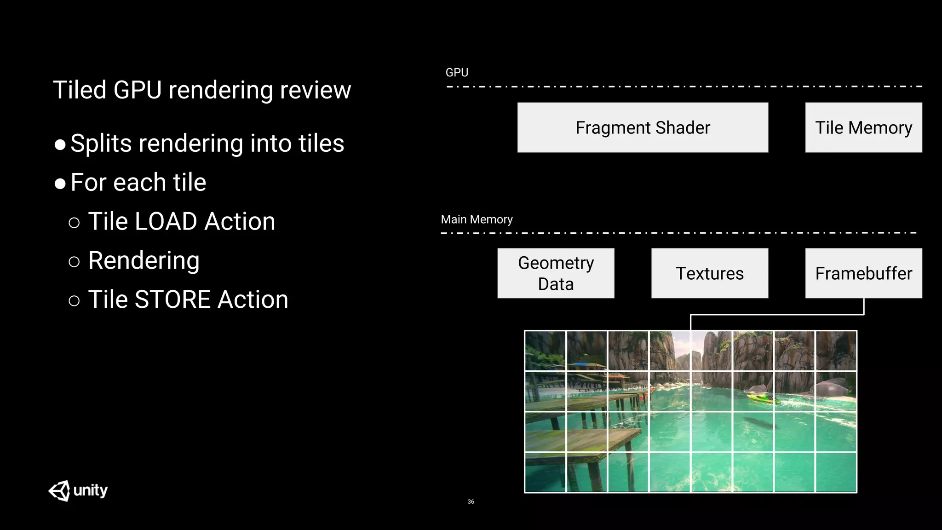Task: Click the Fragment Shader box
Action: point(643,127)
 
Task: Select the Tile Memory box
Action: point(863,127)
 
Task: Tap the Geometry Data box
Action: point(556,273)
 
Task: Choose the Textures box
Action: point(709,273)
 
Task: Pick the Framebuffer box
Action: point(863,273)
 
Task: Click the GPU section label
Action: point(457,73)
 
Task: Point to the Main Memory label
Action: point(477,219)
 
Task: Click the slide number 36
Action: point(471,501)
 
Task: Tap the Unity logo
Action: point(78,490)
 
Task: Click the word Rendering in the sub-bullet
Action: point(144,261)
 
